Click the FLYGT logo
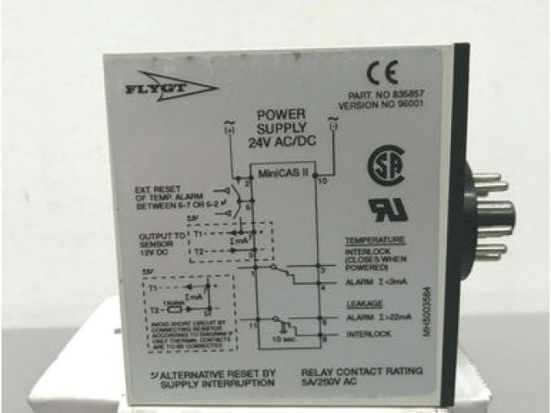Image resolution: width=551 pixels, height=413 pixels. (x=162, y=87)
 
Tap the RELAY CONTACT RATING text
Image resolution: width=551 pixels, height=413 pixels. (x=362, y=371)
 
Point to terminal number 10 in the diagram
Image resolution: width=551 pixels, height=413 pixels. (x=323, y=182)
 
